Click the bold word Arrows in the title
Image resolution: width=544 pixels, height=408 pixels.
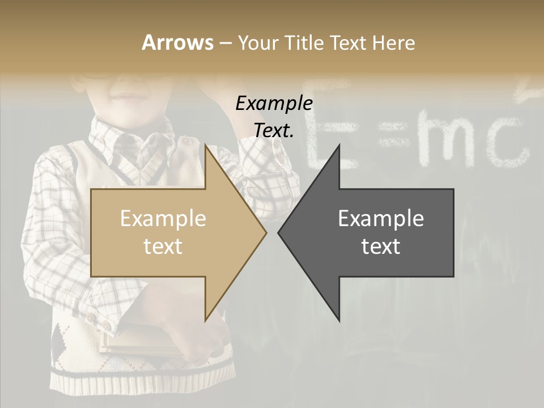pos(177,42)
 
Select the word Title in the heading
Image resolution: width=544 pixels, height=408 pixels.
pos(305,42)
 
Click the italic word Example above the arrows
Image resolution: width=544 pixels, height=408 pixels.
pos(274,104)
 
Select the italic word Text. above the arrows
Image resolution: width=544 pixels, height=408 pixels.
pos(274,131)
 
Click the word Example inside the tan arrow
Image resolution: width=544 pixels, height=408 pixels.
pos(163,219)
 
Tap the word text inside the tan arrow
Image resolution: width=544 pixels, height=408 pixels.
pos(163,246)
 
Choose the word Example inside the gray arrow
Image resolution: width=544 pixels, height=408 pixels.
pos(381,219)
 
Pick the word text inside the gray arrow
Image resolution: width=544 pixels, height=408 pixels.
pos(381,246)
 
